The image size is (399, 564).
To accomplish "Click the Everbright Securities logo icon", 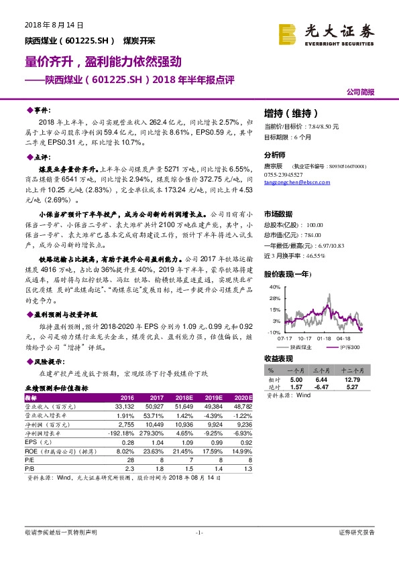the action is pos(287,33).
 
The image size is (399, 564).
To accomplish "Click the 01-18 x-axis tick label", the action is pos(325,338).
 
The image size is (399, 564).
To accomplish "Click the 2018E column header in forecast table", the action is pos(192,397).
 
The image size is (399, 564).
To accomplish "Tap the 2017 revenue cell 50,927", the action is pos(155,407).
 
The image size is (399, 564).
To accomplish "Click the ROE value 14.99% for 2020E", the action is pos(241,451).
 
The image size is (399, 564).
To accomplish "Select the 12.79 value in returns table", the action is pos(352,379).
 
